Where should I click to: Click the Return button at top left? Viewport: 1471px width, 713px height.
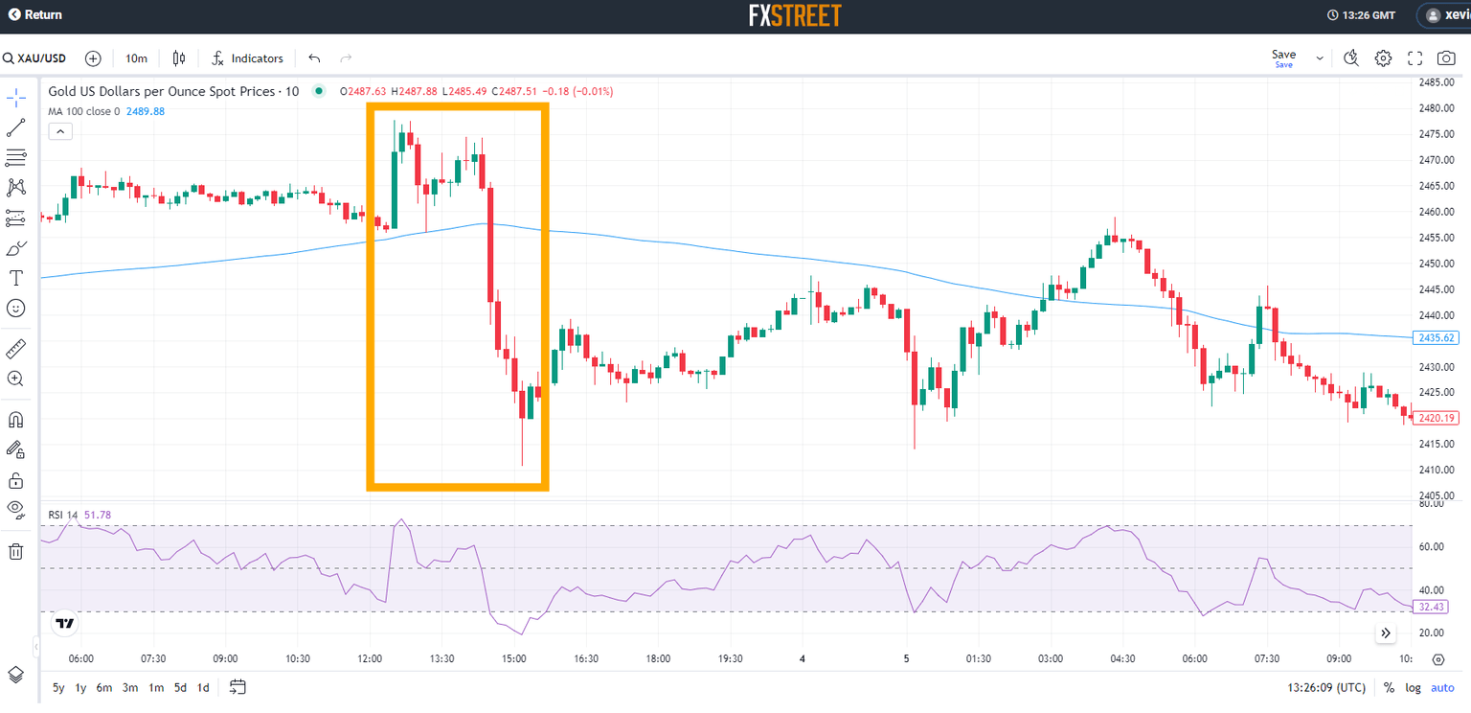(x=35, y=15)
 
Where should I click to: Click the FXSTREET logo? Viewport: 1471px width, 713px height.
(x=794, y=15)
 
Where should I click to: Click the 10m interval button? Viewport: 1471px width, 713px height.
(x=137, y=58)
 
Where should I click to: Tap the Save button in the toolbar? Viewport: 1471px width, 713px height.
(x=1283, y=57)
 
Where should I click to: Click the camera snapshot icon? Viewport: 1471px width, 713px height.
(x=1446, y=58)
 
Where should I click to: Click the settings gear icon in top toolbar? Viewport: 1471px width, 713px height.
(x=1383, y=58)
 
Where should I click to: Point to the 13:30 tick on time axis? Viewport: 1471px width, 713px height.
(x=442, y=658)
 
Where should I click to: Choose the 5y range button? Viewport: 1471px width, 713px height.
(x=58, y=687)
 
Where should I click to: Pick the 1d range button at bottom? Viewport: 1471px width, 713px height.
(x=203, y=687)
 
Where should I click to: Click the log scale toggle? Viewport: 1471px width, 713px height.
(x=1414, y=687)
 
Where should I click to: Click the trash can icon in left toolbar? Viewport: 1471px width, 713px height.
(x=15, y=551)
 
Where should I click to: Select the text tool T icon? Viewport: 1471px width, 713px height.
(x=15, y=278)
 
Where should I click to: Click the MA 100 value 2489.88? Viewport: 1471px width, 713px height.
(x=146, y=111)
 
